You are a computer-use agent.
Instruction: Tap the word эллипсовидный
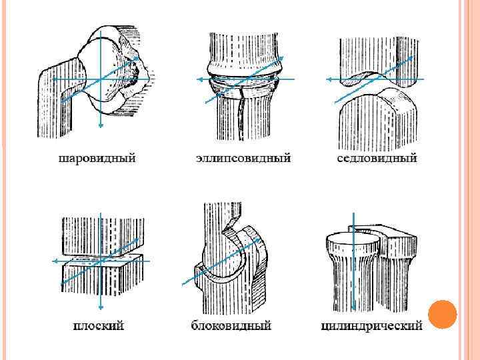243,159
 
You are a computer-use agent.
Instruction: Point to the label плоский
98,326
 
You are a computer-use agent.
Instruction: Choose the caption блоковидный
231,326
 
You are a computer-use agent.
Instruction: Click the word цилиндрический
371,326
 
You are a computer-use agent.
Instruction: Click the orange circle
441,315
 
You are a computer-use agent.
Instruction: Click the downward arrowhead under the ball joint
100,124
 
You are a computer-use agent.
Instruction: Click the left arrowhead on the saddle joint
329,79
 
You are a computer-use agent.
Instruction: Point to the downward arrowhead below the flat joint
100,307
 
